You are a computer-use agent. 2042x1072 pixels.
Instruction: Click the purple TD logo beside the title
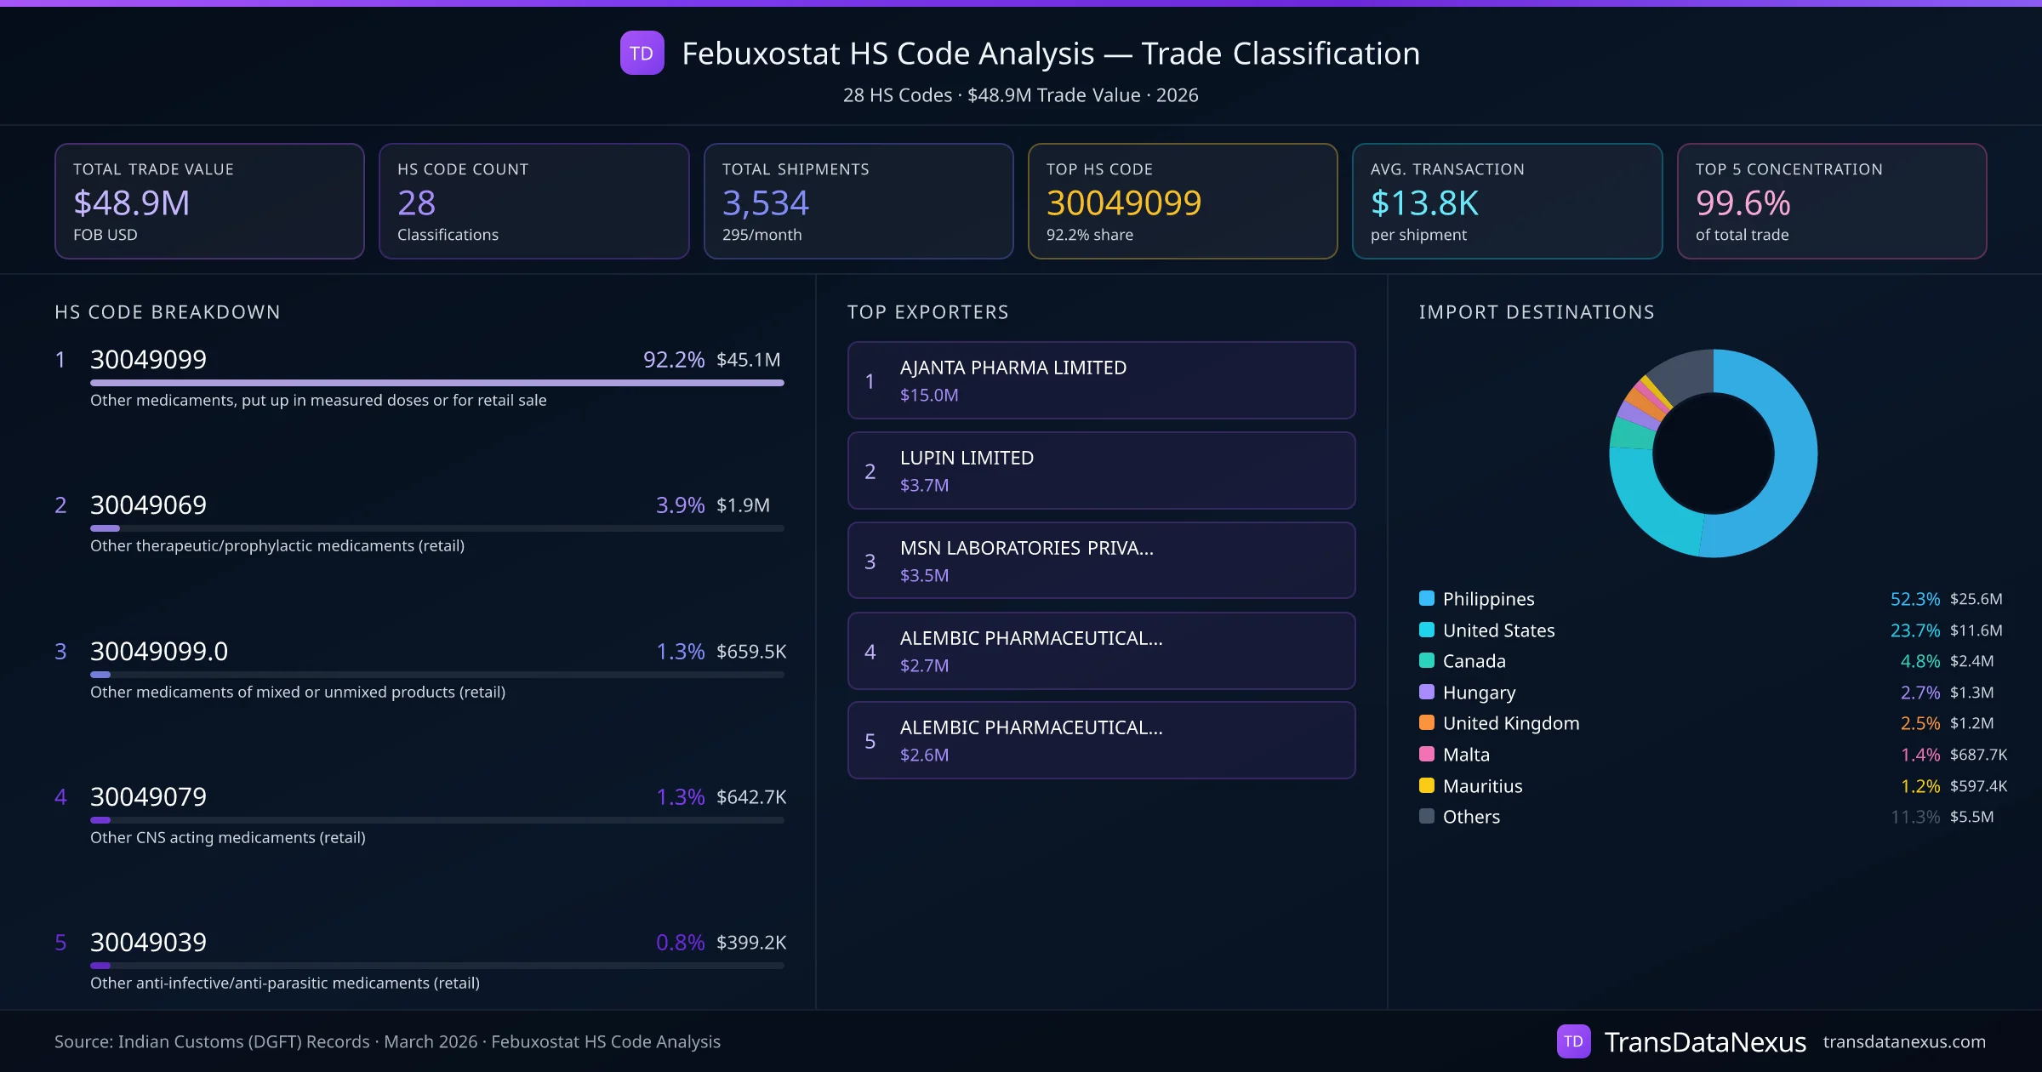642,54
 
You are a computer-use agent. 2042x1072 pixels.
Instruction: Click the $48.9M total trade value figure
131,203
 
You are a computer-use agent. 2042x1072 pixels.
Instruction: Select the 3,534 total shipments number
765,203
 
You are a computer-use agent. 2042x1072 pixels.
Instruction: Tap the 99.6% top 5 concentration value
1743,203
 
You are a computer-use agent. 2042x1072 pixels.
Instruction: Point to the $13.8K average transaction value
1424,203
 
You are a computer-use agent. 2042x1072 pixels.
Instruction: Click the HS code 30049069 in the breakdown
148,505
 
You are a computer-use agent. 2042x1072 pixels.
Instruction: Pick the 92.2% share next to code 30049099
673,360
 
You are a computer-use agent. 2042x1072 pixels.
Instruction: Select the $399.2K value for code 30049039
750,943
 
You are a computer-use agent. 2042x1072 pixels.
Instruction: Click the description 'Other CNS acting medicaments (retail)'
227,838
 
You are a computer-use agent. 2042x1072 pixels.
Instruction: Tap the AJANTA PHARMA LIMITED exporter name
1012,368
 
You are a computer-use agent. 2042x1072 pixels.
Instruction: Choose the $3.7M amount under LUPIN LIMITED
924,485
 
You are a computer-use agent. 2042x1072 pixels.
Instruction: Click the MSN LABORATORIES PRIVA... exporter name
1026,548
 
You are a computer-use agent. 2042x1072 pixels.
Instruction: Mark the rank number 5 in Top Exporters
870,741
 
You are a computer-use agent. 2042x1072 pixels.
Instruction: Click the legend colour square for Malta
1427,754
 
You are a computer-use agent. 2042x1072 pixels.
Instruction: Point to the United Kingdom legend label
1510,723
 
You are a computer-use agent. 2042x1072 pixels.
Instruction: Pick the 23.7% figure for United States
1914,630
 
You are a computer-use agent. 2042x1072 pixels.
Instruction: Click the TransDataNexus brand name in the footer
1704,1042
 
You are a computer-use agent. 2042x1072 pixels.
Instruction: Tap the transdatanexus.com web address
1904,1042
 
